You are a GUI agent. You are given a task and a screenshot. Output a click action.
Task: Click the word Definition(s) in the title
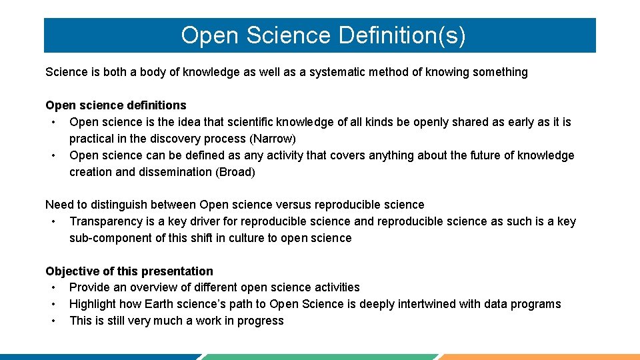[402, 35]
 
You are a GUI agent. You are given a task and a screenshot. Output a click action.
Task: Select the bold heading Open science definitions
[116, 105]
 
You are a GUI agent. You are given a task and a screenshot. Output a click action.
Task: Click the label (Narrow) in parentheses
[273, 139]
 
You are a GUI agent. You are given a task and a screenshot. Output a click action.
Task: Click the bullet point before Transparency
[52, 221]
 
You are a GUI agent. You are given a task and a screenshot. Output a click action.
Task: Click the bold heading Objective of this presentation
[129, 271]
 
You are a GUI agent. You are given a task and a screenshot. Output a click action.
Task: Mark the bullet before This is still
[52, 321]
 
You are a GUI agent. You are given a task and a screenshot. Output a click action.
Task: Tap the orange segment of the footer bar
[540, 357]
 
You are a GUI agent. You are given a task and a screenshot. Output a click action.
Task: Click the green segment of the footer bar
[320, 357]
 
